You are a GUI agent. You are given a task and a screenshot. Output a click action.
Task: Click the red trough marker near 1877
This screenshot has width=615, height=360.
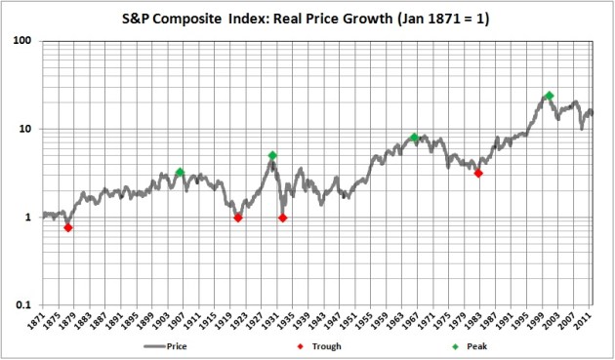tap(68, 227)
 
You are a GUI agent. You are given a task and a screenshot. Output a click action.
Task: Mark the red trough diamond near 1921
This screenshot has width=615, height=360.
tap(238, 218)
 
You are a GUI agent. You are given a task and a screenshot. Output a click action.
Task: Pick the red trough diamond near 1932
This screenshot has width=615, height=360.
tap(283, 218)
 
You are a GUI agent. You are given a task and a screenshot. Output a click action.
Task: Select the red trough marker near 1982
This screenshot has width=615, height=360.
tap(478, 173)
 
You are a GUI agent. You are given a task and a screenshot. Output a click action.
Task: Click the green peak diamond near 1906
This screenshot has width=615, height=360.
tap(180, 173)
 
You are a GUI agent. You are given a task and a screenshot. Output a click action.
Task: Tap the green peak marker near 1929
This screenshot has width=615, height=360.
tap(272, 155)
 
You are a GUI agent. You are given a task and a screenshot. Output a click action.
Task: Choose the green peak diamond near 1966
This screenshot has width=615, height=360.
tap(415, 138)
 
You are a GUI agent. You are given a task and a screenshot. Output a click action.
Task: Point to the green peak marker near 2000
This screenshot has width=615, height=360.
tap(550, 96)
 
